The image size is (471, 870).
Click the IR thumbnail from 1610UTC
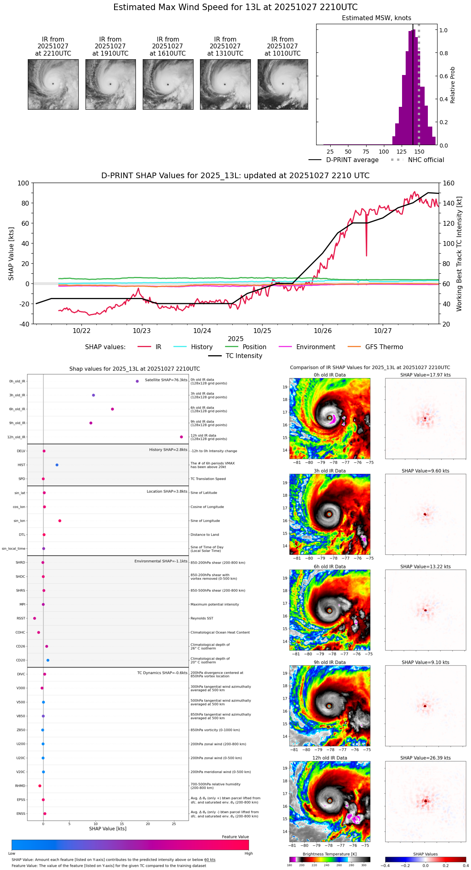click(168, 84)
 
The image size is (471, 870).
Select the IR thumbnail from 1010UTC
click(283, 84)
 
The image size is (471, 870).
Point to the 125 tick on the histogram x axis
click(401, 152)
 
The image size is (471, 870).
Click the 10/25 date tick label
click(262, 331)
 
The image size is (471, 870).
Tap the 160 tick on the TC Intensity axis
click(448, 183)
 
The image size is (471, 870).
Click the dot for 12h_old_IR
click(181, 437)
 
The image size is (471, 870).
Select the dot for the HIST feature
click(57, 465)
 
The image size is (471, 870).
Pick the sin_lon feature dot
click(60, 521)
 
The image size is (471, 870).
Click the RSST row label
click(21, 618)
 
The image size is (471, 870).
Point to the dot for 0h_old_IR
click(137, 381)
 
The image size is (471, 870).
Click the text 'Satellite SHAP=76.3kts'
click(166, 380)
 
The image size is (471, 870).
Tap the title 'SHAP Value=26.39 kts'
click(425, 758)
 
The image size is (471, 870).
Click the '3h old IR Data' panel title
click(329, 471)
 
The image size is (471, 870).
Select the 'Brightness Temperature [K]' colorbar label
click(326, 854)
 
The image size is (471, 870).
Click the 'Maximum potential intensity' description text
click(215, 604)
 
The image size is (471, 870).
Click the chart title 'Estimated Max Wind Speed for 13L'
click(235, 7)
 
